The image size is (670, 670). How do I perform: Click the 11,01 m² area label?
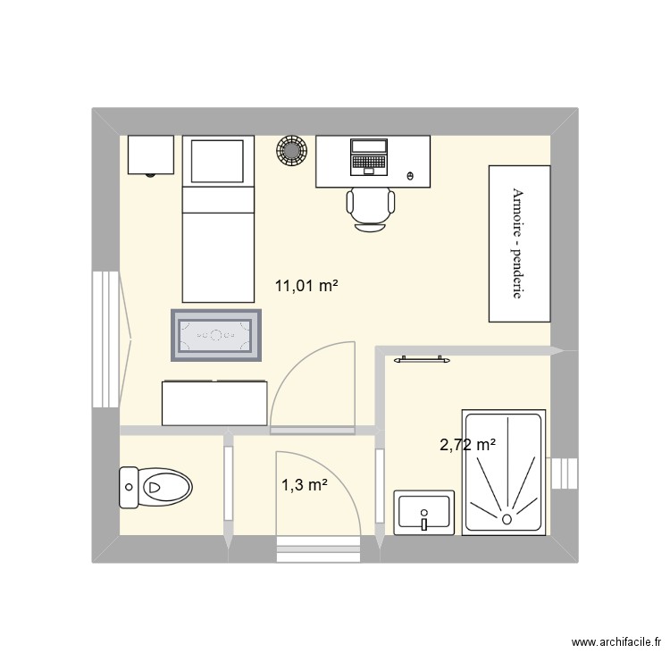pyautogui.click(x=306, y=287)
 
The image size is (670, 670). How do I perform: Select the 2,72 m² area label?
pyautogui.click(x=467, y=444)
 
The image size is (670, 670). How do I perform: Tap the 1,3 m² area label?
pyautogui.click(x=305, y=485)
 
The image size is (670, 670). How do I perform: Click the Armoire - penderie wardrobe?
pyautogui.click(x=518, y=243)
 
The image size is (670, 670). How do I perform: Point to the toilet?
pyautogui.click(x=155, y=487)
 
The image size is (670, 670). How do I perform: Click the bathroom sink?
pyautogui.click(x=423, y=514)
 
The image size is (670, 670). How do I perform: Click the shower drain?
pyautogui.click(x=507, y=518)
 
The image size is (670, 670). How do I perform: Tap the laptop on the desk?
pyautogui.click(x=368, y=155)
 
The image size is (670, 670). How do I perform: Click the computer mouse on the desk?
pyautogui.click(x=410, y=175)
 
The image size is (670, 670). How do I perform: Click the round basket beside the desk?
pyautogui.click(x=290, y=151)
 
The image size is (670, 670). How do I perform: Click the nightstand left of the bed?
pyautogui.click(x=150, y=155)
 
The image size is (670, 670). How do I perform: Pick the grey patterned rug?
pyautogui.click(x=216, y=335)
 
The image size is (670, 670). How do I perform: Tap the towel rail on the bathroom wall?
pyautogui.click(x=420, y=359)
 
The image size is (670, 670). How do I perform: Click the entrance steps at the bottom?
pyautogui.click(x=317, y=549)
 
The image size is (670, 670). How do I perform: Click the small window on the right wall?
pyautogui.click(x=565, y=473)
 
